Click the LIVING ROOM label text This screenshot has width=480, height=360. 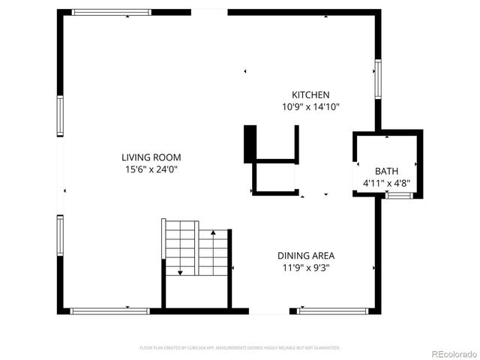coord(151,157)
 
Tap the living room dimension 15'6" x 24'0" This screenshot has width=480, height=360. coord(151,169)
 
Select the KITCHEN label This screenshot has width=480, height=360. coord(310,95)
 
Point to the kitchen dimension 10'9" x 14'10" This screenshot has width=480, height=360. coord(310,107)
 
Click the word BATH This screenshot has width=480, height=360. coord(387,171)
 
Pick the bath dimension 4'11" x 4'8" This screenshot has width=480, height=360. coord(387,182)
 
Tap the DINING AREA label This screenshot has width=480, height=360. coord(306,255)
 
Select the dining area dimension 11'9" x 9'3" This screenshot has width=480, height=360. coord(306,267)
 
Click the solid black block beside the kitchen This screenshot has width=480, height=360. coord(250,144)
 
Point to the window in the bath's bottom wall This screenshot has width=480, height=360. coord(399,196)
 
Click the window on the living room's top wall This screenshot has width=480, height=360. coord(111,12)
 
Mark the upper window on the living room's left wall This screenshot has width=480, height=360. coord(60,115)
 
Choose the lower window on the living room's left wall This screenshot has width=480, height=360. coord(60,235)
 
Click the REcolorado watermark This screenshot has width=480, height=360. coord(451,352)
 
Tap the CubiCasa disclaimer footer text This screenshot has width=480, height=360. coord(240,348)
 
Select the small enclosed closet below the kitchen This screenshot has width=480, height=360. coord(275,178)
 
